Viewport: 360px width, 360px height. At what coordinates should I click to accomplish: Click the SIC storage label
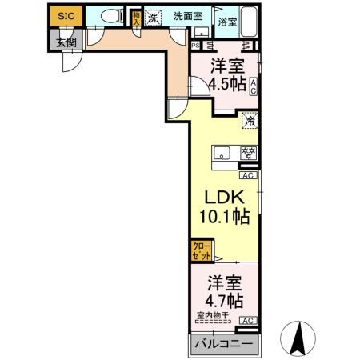coord(65,15)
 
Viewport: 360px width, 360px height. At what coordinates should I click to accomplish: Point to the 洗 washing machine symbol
coord(154,15)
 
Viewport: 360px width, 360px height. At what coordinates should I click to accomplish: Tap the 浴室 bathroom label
coord(227,22)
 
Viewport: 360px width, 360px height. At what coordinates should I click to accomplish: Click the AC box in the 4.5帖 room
coord(253,86)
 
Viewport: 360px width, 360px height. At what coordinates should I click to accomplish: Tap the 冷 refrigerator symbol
coord(249,122)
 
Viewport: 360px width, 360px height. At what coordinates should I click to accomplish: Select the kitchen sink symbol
coord(222,152)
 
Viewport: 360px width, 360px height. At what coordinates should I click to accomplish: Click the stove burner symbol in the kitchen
coord(248,152)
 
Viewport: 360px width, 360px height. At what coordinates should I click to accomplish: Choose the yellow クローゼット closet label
coord(202,250)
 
